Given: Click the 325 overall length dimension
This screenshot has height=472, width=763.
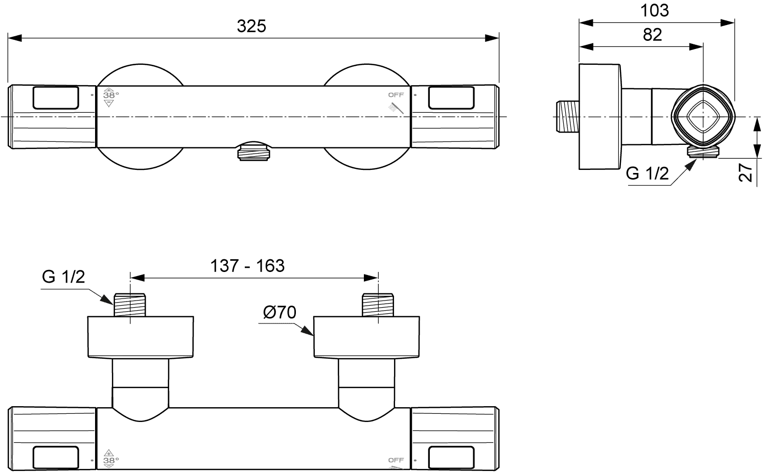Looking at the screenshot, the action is point(251,26).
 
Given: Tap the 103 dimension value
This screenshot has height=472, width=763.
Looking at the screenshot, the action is point(654,11).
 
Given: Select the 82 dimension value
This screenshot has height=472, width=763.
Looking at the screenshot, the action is point(652,35).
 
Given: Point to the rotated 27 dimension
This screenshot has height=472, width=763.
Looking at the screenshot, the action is point(745,172).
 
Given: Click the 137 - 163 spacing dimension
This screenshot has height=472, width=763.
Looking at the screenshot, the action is point(247,265).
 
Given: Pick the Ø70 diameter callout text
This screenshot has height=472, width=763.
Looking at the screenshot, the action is point(280,312).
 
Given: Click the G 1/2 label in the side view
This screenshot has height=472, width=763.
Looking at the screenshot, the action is point(647,173).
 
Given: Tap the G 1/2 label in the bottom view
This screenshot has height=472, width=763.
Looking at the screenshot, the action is point(63,277).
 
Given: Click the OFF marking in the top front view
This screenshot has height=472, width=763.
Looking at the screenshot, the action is point(396,95).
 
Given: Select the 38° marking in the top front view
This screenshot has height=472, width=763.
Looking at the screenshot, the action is point(111,95).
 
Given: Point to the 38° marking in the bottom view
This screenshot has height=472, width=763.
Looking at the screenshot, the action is point(111,460).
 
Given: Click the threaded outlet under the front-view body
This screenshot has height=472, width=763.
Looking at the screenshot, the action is point(254,153).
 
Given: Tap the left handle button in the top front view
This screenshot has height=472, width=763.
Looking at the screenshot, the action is point(56,98).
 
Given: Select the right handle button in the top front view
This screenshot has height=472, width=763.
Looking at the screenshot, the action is point(451,98).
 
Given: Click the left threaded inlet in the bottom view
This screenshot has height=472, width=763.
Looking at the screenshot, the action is point(129,305).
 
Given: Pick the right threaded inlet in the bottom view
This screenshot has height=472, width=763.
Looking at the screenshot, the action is point(378,305).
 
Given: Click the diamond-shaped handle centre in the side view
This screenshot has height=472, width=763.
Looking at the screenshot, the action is point(703,117).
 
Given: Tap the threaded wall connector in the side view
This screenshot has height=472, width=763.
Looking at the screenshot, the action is point(567,116).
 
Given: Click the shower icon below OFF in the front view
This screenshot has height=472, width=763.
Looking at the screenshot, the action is point(396,108).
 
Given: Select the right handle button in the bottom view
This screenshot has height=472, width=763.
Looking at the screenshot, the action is point(451,457).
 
